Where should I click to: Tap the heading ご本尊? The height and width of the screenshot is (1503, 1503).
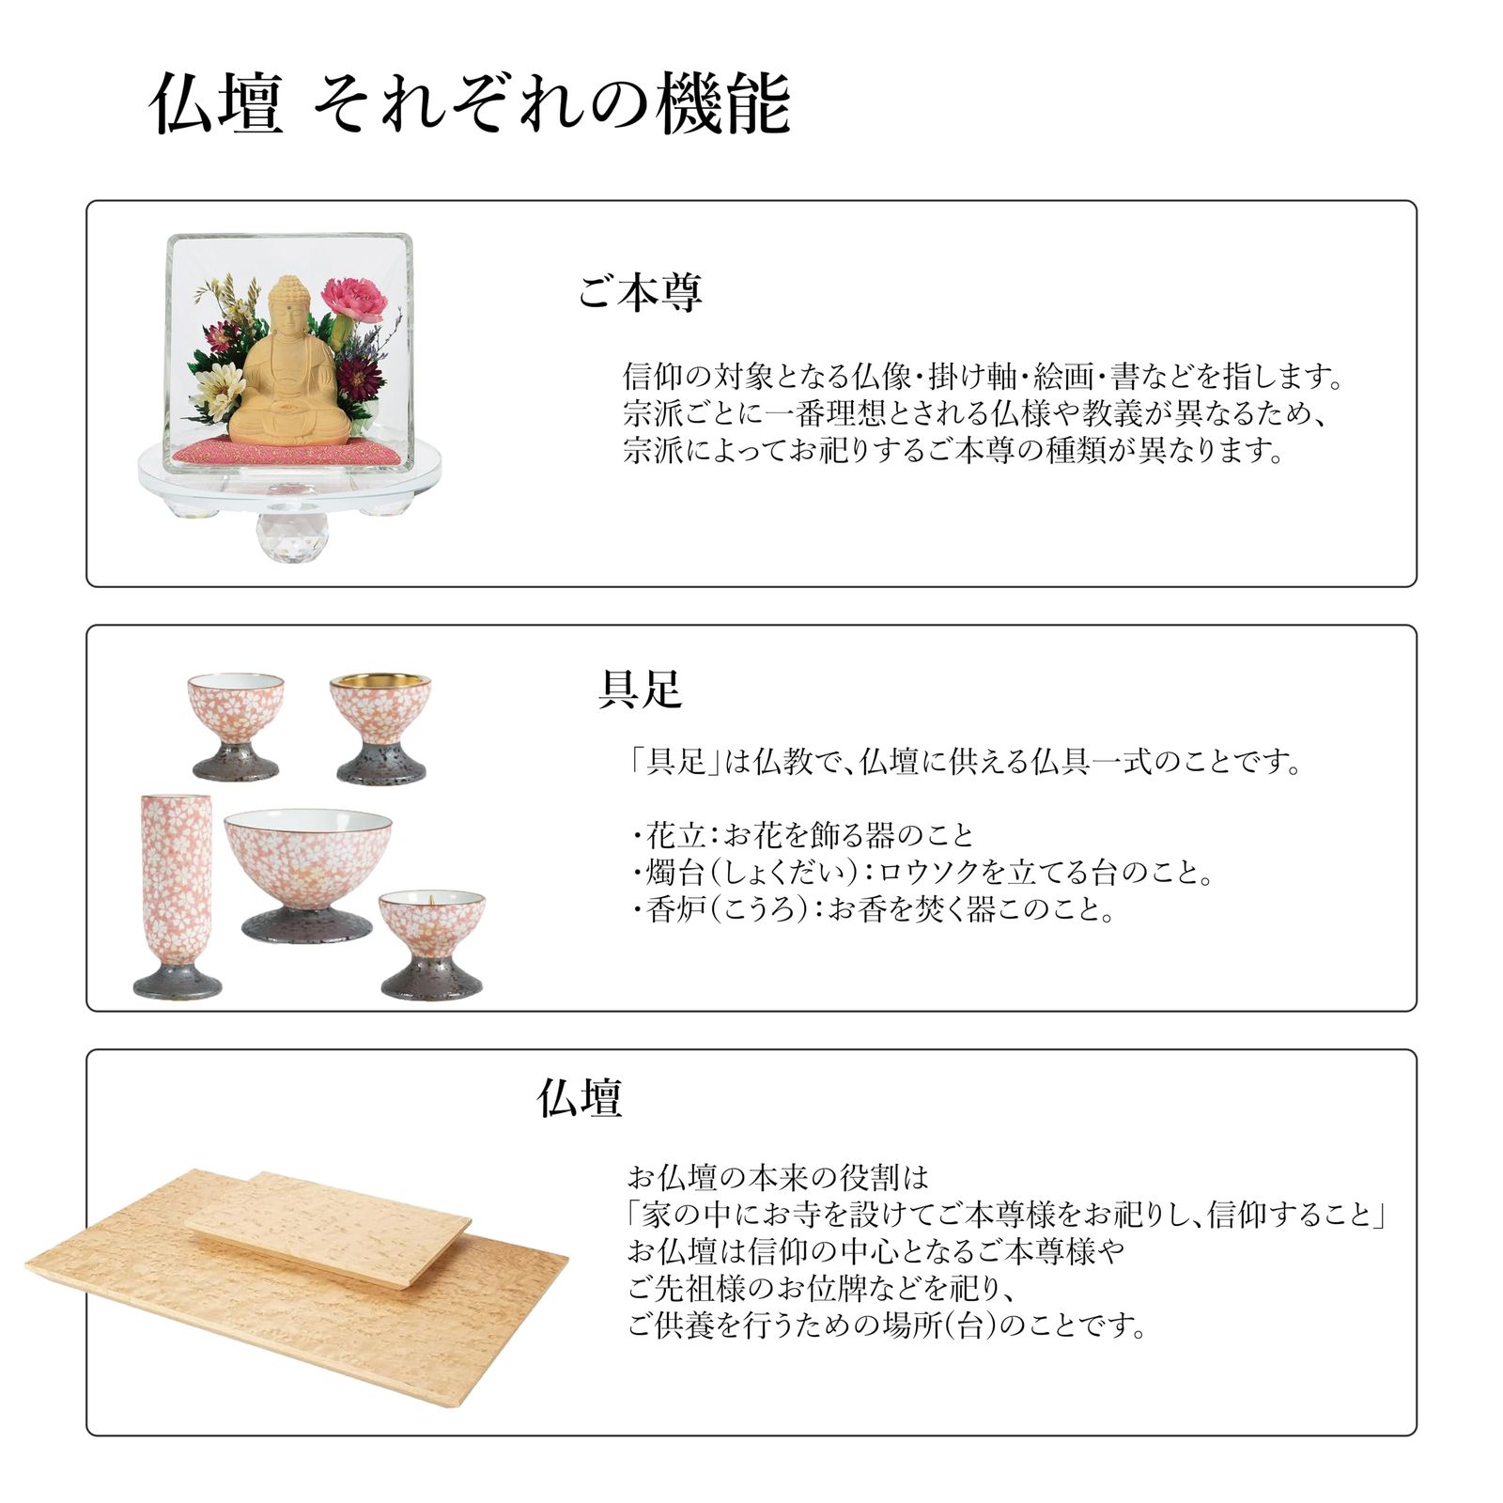click(640, 293)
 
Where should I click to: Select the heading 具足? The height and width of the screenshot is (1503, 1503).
click(640, 690)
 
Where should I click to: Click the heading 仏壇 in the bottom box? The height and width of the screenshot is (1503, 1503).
click(580, 1097)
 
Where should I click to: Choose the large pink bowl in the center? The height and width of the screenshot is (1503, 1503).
click(308, 864)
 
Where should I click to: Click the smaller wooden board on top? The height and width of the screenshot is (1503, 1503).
click(329, 1226)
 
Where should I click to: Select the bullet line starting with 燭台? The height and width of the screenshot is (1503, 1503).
click(925, 873)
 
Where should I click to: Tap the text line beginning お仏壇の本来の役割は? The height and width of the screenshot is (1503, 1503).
click(778, 1177)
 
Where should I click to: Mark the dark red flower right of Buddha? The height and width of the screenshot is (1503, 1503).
click(361, 373)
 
